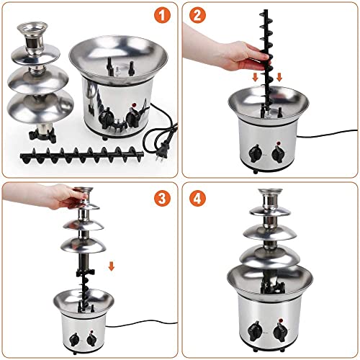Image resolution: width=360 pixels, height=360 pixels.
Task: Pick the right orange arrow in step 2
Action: (279, 77)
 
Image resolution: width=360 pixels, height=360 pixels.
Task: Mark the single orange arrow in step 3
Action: (112, 267)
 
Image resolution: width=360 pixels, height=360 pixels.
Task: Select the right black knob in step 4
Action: (280, 332)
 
